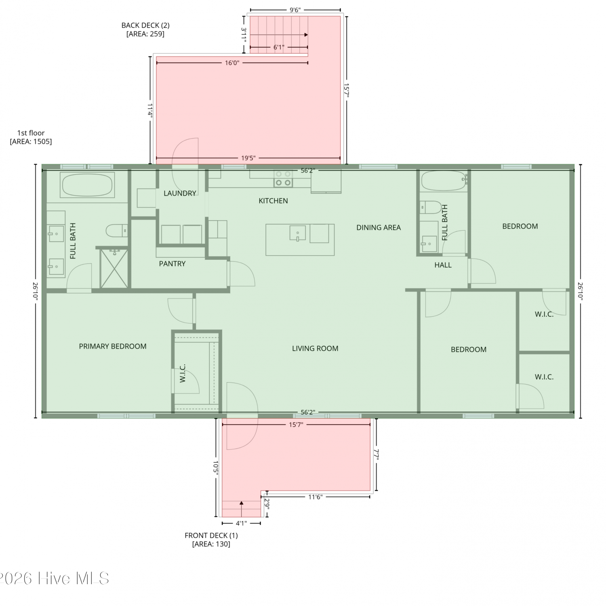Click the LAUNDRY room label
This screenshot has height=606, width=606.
pos(180,194)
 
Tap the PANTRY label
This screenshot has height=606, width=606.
pos(172,264)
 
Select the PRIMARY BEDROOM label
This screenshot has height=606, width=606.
pos(113,346)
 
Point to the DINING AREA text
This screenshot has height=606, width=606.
pos(379,227)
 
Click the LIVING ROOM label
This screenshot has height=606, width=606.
pos(315,348)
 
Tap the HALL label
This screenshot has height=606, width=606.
pos(443,265)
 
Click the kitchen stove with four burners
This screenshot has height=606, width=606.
pos(283,178)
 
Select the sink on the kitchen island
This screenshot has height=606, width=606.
pos(298,233)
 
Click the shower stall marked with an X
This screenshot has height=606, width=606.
pos(114,269)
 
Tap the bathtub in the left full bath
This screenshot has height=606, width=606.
pos(87,185)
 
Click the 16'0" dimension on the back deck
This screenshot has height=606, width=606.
pos(232,63)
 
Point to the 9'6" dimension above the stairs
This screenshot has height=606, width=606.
pos(295,10)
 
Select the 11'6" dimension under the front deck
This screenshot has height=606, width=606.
pos(315,497)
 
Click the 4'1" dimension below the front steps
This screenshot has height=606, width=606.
pos(241,523)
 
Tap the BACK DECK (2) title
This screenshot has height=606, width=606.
pos(145,25)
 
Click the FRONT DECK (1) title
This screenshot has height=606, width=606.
pos(211,535)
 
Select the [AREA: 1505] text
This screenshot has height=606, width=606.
pos(31,141)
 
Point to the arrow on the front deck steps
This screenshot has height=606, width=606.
pos(241,509)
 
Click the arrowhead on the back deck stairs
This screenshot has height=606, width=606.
pos(306,35)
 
